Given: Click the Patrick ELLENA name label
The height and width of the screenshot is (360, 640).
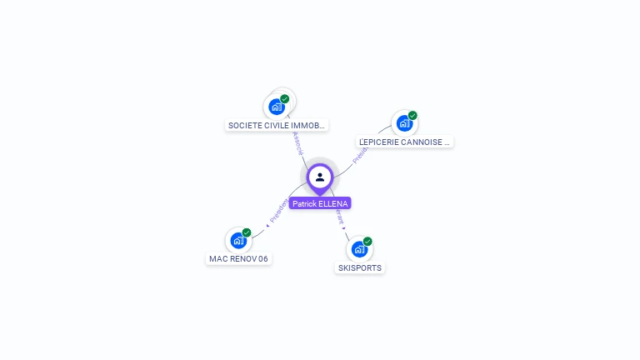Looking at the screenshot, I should pos(320,203).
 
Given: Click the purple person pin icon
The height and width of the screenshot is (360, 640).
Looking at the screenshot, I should pos(320,177).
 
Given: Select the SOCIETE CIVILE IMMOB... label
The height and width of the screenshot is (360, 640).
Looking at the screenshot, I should pos(277,126).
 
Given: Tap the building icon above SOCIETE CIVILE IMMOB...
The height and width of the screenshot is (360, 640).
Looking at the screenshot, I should pos(277,107).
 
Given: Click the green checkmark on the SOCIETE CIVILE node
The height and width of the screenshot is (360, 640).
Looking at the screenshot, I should pos(285,99).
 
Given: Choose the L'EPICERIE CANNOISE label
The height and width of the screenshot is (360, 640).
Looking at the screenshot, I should pos(404,142).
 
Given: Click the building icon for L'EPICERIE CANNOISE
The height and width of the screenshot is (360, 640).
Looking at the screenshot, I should pos(404,123).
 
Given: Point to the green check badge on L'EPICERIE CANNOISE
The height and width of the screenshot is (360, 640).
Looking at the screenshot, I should pos(412,116).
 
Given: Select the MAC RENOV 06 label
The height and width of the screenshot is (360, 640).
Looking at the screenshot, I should pos(239,258).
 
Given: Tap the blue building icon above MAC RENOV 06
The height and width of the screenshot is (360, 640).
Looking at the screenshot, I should pos(238,241).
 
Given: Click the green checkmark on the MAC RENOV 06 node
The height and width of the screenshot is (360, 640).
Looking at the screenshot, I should pos(247,233).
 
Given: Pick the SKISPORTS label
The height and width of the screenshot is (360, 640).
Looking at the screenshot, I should pos(360,268).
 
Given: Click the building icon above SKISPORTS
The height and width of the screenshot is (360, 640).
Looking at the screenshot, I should pos(359,249).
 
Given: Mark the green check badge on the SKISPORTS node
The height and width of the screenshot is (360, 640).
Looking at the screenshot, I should pos(367,242).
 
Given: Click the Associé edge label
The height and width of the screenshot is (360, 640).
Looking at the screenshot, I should pos(298,143).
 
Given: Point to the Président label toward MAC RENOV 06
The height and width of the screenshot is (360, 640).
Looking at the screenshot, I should pos(277,212).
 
